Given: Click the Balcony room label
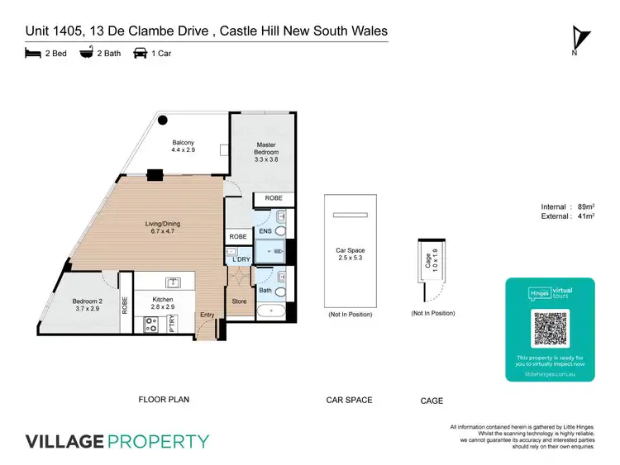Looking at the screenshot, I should [183, 146].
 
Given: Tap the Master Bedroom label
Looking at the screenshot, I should [266, 149].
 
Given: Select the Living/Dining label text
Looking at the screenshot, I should [164, 229].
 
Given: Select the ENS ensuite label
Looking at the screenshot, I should [265, 232].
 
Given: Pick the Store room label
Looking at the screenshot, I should [239, 301].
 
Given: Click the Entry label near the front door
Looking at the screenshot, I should [206, 315].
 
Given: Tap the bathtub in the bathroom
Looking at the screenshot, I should [271, 312].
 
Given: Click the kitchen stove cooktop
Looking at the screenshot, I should [152, 325].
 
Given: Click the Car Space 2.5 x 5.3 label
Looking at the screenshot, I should [350, 254].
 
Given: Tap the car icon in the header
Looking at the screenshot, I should [140, 53].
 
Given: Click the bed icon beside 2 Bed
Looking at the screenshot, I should [32, 53].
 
